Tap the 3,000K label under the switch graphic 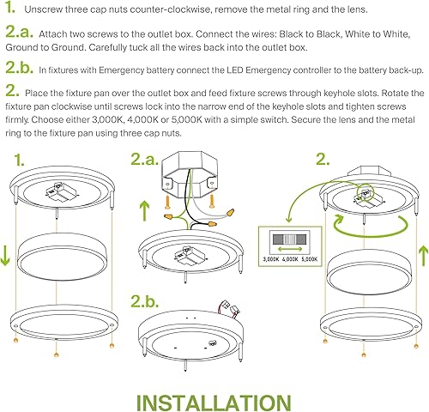[273, 257]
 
